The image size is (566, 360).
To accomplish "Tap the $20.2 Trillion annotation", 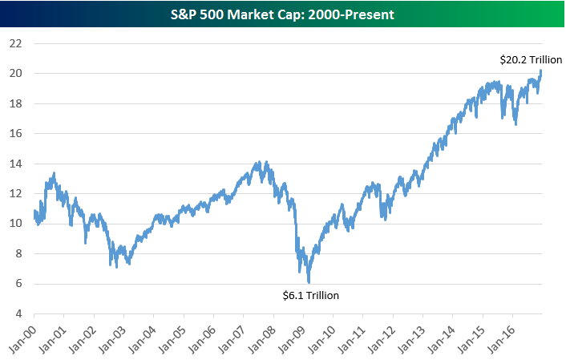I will tap(530, 59).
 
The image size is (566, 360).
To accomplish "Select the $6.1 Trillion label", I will tap(311, 295).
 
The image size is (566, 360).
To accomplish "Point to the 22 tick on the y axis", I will tap(15, 42).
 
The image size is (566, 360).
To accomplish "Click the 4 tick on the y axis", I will tap(18, 313).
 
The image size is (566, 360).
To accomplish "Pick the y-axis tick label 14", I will tap(15, 163).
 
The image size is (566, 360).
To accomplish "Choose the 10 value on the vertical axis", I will tap(15, 223).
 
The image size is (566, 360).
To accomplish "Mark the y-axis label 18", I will tap(15, 103).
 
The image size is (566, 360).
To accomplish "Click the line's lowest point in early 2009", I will tap(309, 282).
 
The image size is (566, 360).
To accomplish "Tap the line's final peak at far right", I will tap(541, 71).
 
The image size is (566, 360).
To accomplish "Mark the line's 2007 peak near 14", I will tap(257, 162).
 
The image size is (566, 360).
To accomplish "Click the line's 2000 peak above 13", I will tap(54, 172).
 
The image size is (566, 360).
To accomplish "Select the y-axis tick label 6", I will tap(18, 283).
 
